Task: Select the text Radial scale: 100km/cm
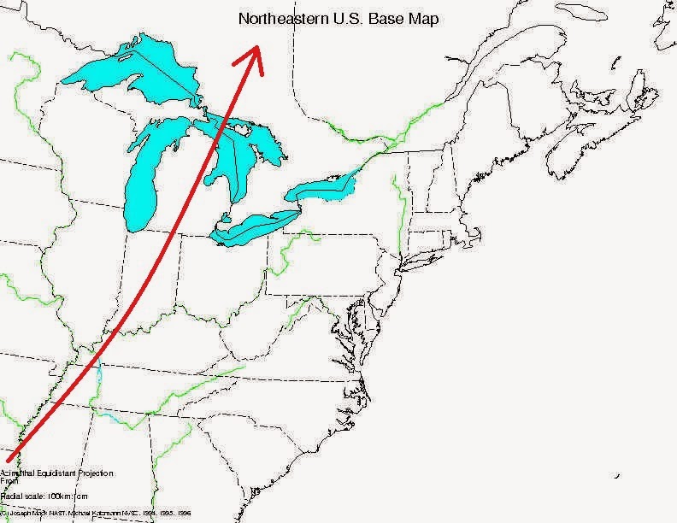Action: click(44, 495)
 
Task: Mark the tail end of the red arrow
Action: click(9, 459)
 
